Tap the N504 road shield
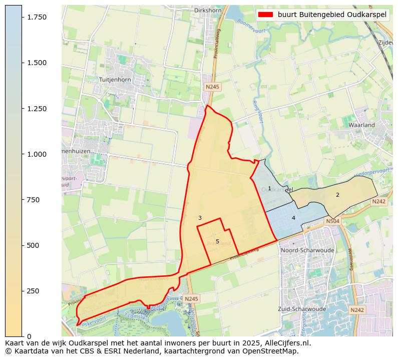coord(332,221)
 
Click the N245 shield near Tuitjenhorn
coord(212,87)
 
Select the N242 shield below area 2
coord(378,201)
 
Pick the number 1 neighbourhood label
coord(269,189)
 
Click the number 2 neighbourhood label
coord(337,195)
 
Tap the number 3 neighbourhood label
coord(200,218)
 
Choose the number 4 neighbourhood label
coord(293,218)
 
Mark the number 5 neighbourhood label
coord(217,241)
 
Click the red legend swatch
coord(265,15)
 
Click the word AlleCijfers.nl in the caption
coord(283,343)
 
